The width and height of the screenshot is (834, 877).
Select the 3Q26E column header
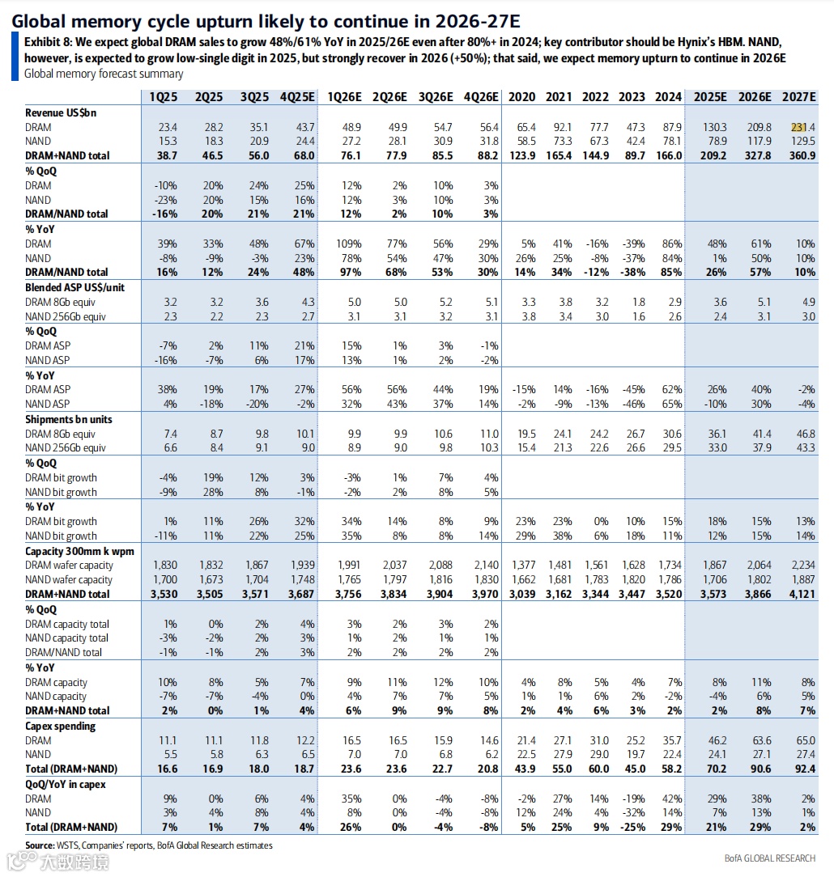pyautogui.click(x=435, y=97)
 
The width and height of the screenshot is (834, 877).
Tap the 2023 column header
pyautogui.click(x=632, y=97)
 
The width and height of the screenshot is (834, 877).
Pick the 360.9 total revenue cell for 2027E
pyautogui.click(x=800, y=155)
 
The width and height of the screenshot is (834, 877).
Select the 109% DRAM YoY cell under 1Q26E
pyautogui.click(x=347, y=244)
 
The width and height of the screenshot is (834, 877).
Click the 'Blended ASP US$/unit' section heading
pyautogui.click(x=75, y=287)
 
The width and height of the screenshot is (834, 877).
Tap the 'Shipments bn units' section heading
pyautogui.click(x=69, y=419)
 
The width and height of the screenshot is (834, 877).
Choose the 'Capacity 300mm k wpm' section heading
pyautogui.click(x=79, y=551)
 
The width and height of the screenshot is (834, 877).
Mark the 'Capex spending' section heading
pyautogui.click(x=61, y=726)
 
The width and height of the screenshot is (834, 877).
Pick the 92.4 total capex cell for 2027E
pyautogui.click(x=800, y=769)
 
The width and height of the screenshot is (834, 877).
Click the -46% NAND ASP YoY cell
pyautogui.click(x=633, y=404)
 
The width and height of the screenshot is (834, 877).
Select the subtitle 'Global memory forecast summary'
pyautogui.click(x=104, y=74)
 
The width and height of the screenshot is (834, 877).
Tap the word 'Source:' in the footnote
pyautogui.click(x=40, y=845)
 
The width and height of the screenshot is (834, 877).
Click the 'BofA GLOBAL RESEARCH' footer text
pyautogui.click(x=769, y=858)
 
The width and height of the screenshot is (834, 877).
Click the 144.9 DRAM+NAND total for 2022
pyautogui.click(x=595, y=155)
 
